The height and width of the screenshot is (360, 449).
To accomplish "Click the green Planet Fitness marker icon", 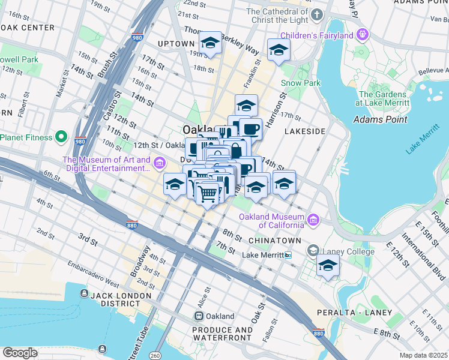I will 61,137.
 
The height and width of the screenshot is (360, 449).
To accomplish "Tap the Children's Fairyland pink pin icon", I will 361,34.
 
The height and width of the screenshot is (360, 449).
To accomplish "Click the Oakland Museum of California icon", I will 313,220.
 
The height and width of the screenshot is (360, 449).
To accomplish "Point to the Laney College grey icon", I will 313,250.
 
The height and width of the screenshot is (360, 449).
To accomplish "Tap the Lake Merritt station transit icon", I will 288,255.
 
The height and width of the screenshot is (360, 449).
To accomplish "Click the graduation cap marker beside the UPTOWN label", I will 210,43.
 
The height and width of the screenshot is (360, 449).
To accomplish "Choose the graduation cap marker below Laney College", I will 328,265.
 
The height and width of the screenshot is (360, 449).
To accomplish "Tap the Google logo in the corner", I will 20,352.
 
